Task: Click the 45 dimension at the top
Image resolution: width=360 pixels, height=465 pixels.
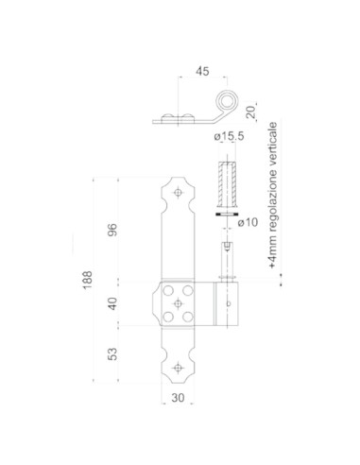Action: coord(200,69)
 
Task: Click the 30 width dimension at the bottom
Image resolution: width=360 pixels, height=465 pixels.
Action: coord(178,398)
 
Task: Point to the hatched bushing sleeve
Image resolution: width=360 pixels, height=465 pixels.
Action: coord(227,186)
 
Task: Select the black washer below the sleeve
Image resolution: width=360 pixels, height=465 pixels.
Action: coord(227,216)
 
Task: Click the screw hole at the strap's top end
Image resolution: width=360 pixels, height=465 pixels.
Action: coord(178,193)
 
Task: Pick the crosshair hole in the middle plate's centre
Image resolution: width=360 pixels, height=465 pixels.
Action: coord(178,303)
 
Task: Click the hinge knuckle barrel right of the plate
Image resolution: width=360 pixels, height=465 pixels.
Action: coord(227,303)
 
